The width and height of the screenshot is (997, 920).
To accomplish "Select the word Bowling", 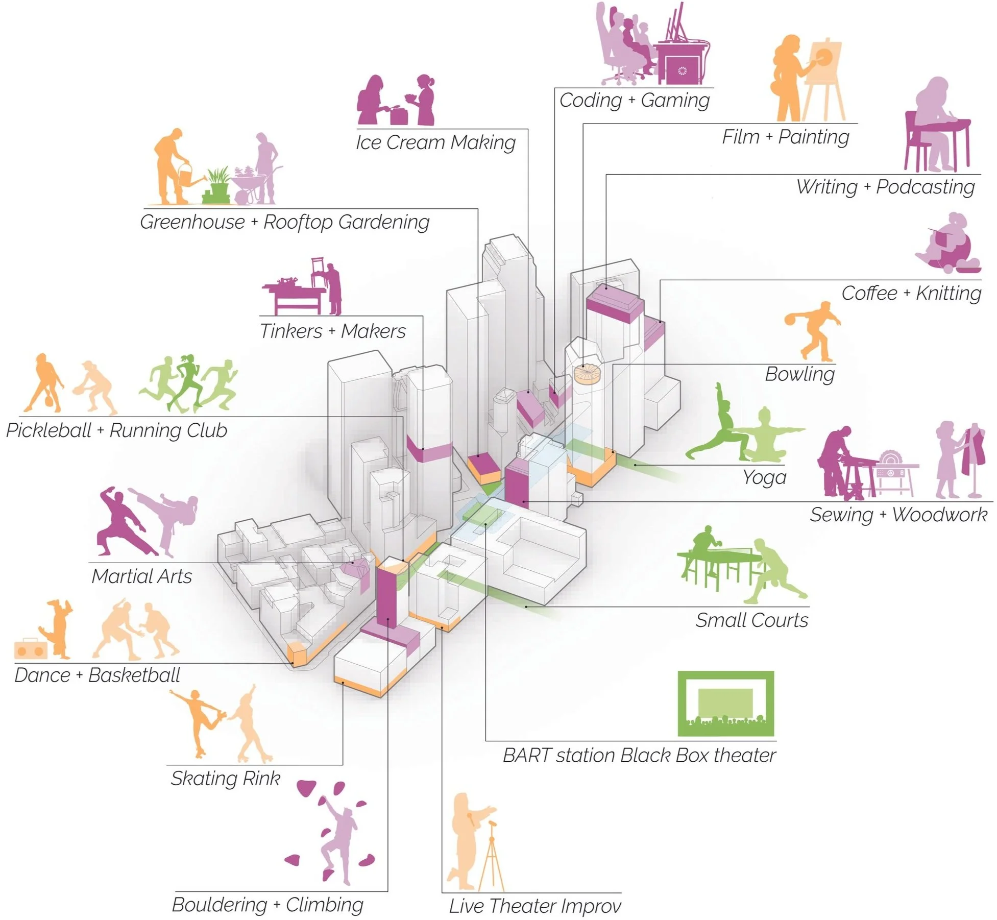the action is pos(799,374).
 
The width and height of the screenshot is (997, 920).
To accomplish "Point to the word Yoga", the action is pos(764,477).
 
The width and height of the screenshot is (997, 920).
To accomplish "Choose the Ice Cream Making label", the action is pos(435,142).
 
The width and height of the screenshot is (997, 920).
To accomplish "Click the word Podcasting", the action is pos(925,187).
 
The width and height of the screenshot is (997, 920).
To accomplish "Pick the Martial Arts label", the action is pos(141,576).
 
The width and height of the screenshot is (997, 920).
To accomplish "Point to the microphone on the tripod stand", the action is pos(493,824).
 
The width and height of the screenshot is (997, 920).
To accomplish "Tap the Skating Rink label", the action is pos(225,779).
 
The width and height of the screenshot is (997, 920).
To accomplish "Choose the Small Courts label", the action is pos(751,620).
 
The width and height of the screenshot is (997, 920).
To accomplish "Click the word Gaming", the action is pos(675,101).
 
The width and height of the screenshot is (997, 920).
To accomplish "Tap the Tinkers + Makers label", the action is pos(332,331).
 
